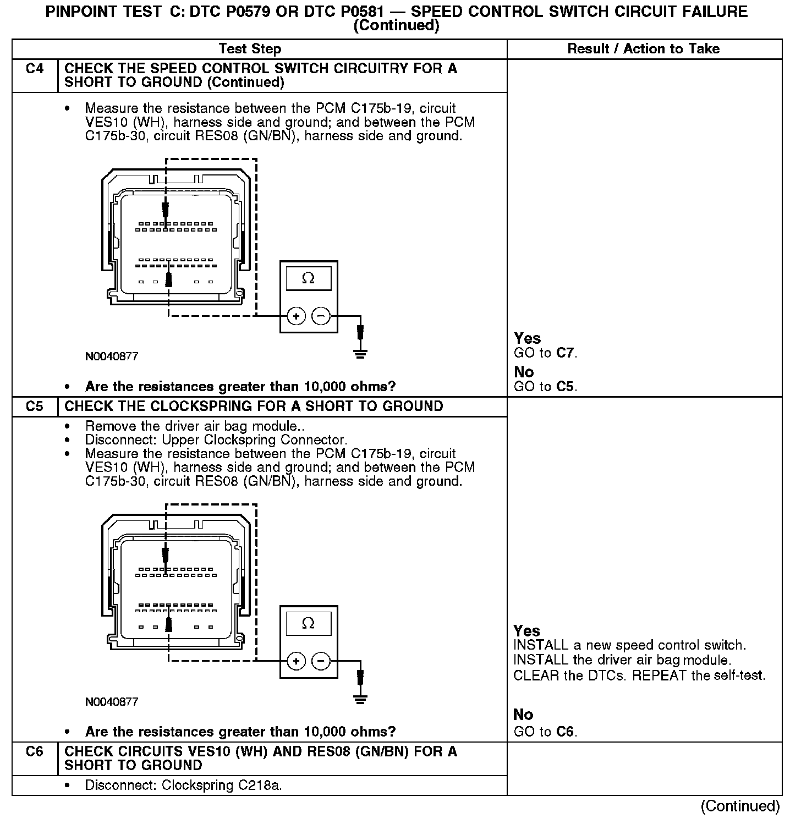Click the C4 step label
point(34,69)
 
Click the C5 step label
point(34,406)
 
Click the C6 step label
point(34,751)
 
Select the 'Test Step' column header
point(250,49)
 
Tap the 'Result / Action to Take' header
point(643,49)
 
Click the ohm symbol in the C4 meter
point(308,278)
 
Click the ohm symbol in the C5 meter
point(308,623)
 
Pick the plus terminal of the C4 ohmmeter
point(297,316)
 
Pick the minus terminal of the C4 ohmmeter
point(321,316)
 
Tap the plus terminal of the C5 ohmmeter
point(297,661)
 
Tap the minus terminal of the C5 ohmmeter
point(321,661)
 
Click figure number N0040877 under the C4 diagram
point(112,356)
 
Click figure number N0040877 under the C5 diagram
point(112,702)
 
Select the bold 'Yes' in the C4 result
point(527,338)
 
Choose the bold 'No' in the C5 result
point(523,715)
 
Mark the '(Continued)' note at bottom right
point(740,806)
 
